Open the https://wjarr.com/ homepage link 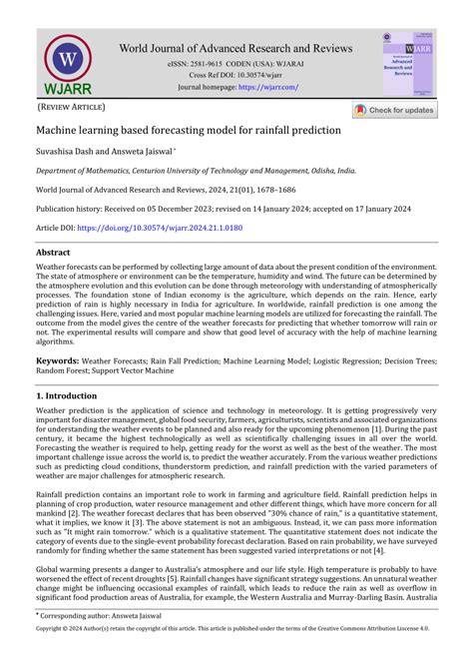267,88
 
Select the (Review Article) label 71,107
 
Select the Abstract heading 53,254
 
